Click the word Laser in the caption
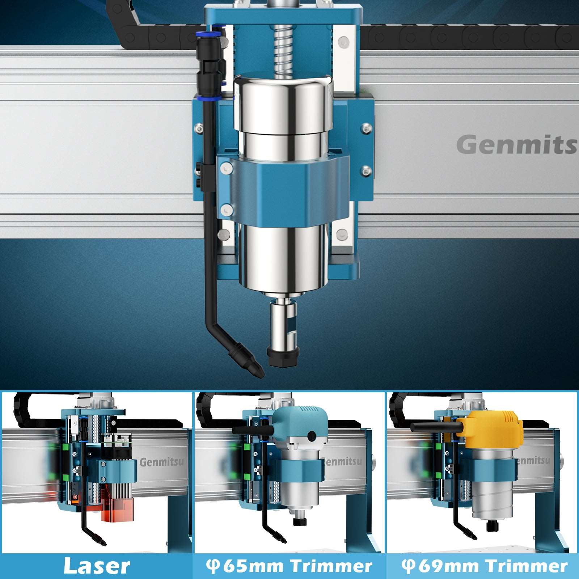tap(97, 566)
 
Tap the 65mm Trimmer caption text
tap(289, 566)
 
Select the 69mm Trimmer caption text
tap(485, 566)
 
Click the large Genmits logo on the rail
tap(517, 145)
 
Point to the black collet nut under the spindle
tap(283, 356)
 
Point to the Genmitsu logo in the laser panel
tap(161, 462)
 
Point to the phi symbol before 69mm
tap(409, 566)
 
